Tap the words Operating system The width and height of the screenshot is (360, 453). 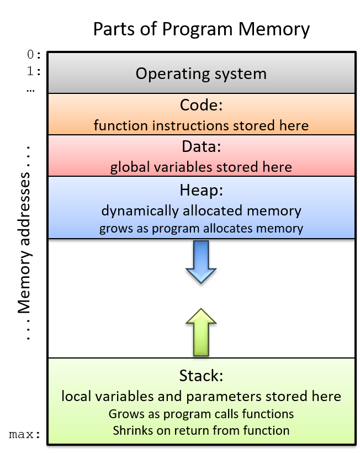point(201,73)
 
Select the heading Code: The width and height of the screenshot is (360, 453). point(201,105)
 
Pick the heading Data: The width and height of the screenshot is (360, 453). point(201,147)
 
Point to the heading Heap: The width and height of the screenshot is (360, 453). point(201,190)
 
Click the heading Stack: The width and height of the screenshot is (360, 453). point(201,376)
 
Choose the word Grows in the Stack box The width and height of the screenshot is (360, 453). point(124,414)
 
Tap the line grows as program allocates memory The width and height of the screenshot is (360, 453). point(201,229)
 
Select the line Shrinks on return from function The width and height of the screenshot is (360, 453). point(201,430)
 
